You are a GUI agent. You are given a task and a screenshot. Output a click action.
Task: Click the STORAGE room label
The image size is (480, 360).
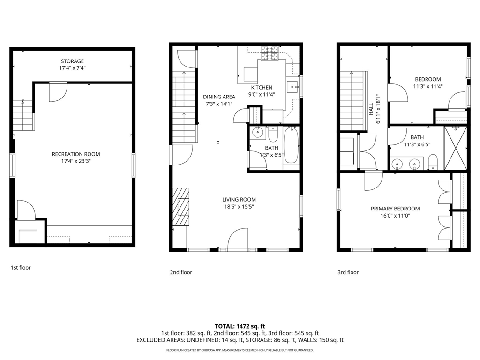tap(72, 61)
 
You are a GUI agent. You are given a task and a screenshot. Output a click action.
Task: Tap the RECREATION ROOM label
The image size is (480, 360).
tap(76, 154)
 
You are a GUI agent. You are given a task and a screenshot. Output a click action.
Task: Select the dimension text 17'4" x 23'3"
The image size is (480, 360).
tap(76, 161)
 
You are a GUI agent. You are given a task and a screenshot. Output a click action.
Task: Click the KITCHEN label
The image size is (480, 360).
tap(262, 88)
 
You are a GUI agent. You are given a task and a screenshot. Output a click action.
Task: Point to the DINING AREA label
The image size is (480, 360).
tap(219, 97)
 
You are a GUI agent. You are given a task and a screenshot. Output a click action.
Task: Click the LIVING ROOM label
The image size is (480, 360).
tap(239, 200)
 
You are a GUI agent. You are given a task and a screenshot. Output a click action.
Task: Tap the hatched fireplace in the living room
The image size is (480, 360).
tap(181, 207)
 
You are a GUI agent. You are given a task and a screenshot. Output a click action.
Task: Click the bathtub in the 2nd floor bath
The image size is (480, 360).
tap(292, 146)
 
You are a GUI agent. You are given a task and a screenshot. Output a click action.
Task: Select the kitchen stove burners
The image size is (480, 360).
tap(270, 53)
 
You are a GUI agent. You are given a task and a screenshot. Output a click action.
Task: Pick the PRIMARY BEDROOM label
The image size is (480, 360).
tap(395, 209)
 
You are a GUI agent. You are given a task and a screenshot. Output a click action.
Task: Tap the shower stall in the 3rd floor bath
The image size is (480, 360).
tap(456, 148)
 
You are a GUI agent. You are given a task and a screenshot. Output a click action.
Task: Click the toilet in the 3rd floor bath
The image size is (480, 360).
tap(433, 162)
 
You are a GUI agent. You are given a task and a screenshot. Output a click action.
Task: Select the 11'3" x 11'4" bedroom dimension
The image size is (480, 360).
tap(428, 86)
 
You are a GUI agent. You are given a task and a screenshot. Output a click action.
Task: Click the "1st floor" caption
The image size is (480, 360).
tap(21, 268)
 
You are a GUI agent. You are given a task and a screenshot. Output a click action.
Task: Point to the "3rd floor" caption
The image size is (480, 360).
tap(348, 272)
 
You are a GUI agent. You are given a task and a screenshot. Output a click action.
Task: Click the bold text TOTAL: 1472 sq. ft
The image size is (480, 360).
tap(240, 326)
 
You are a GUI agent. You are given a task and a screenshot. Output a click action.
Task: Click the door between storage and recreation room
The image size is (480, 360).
tap(58, 91)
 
